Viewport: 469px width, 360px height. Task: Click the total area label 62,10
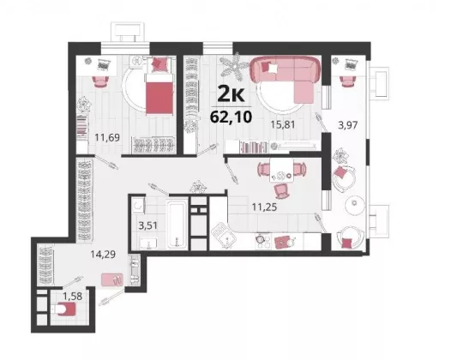231,117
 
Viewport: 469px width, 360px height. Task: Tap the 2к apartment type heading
231,94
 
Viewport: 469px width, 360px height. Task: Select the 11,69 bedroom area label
107,137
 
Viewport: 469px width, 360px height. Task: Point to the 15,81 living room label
283,124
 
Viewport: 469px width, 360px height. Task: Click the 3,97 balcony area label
348,124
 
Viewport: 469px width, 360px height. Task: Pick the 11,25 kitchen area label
264,207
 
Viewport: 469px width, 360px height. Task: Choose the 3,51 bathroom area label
147,225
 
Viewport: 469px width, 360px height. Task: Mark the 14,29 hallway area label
103,255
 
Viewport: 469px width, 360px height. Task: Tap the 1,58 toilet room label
72,296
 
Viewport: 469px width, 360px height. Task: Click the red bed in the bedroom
159,94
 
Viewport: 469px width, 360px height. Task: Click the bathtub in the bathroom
177,223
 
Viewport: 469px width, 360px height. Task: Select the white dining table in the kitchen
281,170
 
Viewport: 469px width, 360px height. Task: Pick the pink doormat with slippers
112,280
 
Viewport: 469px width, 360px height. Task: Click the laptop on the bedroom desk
104,64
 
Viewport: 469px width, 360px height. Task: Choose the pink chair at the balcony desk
347,81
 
